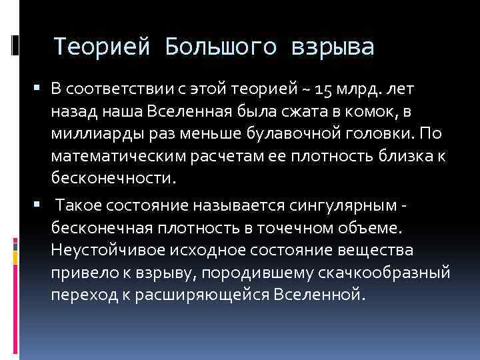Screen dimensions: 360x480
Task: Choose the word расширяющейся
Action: [x=211, y=295]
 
